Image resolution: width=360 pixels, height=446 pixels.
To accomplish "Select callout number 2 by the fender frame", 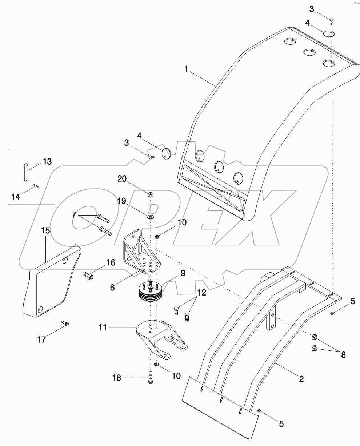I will pos(301,379).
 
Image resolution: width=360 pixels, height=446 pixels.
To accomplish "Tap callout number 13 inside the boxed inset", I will pos(48,161).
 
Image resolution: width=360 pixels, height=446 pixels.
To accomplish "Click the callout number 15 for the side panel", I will pos(45,231).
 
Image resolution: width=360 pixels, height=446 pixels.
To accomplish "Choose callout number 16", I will pos(110,263).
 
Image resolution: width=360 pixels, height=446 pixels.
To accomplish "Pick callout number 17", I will pos(41,339).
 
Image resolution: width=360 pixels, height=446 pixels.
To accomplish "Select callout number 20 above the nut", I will pos(122,178).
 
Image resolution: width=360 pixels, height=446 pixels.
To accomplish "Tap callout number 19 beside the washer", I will pos(121,201).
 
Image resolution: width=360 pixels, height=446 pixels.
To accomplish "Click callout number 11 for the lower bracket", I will pos(103,328).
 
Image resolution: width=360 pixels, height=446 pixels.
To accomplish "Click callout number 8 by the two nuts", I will pos(343,354).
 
